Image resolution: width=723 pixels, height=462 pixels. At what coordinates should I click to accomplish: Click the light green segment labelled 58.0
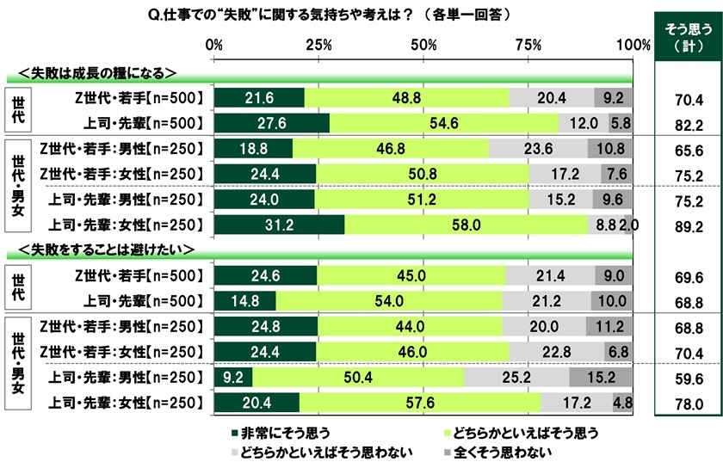point(467,225)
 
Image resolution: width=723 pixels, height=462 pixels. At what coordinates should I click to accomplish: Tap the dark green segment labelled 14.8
point(244,300)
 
